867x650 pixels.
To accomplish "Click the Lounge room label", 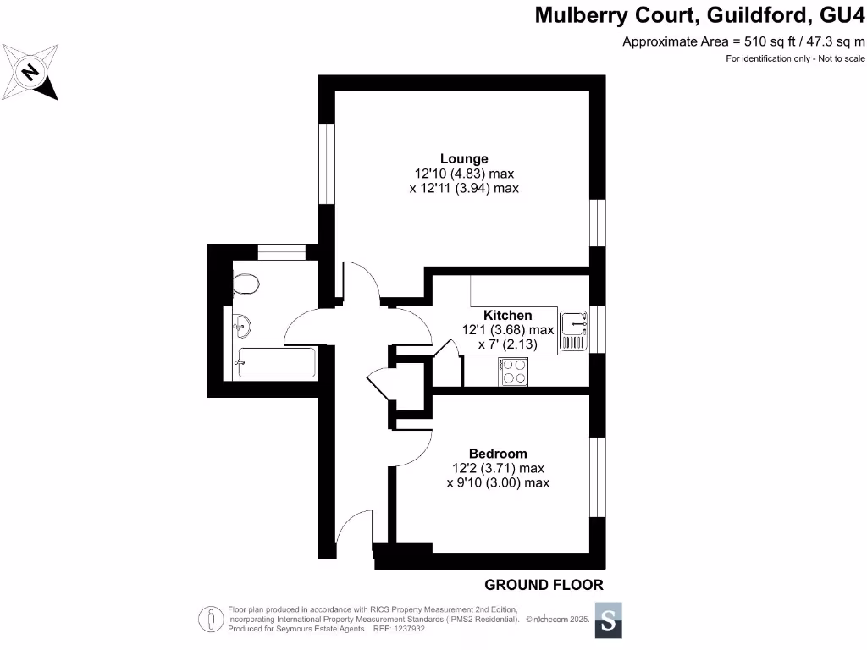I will [463, 158].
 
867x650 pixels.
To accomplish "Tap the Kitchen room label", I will [507, 315].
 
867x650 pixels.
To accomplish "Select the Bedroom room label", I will [498, 453].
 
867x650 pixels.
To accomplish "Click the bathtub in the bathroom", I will [274, 362].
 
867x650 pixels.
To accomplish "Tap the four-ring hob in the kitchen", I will [514, 371].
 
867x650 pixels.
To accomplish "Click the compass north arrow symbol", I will [31, 72].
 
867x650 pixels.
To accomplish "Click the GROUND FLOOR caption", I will [544, 585].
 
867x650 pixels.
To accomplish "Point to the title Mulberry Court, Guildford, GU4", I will [700, 15].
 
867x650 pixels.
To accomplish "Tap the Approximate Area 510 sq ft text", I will [743, 41].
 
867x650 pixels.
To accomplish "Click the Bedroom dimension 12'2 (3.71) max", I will [498, 468].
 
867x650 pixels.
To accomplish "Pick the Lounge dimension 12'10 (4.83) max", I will [464, 174].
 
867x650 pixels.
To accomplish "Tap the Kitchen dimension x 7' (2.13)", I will [507, 344].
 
